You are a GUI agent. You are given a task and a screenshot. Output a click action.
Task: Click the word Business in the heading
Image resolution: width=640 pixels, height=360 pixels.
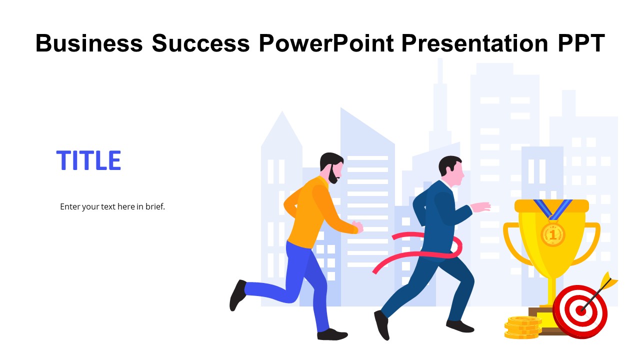(89, 43)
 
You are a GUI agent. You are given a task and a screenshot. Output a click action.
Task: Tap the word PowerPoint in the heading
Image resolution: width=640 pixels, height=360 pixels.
(326, 43)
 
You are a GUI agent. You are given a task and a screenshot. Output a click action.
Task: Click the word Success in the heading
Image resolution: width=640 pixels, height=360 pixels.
(200, 43)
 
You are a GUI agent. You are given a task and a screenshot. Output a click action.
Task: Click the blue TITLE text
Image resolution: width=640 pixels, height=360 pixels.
(88, 160)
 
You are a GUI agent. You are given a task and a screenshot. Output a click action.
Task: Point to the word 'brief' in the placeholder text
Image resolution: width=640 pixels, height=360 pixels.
(153, 206)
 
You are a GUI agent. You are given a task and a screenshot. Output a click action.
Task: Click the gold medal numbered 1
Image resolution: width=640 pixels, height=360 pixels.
(552, 233)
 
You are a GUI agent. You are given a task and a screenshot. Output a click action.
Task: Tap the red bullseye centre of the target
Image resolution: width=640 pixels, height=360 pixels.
(580, 310)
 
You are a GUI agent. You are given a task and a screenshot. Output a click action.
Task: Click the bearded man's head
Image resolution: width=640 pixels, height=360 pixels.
(331, 166)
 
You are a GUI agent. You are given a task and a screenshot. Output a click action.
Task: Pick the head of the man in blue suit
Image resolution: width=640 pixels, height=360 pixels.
(451, 170)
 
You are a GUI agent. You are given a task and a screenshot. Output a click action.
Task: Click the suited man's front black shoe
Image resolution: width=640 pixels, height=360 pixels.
(459, 326)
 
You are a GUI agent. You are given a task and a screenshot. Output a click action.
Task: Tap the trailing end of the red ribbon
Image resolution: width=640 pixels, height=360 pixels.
(376, 270)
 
